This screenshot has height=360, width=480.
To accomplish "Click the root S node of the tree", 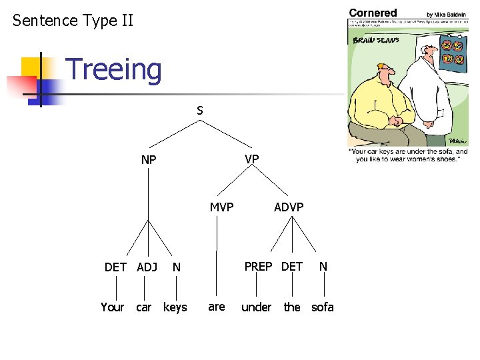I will point(199,111).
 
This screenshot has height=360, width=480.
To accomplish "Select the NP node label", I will point(149,160).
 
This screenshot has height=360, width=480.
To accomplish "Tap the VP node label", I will point(251,159).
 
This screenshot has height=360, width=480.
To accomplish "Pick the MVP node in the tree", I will point(221,207).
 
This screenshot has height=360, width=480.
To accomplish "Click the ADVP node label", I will point(289,207).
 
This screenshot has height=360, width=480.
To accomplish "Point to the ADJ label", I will point(147,267).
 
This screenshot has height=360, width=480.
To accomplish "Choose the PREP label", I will point(258,267).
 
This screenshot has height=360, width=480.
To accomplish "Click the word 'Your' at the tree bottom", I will point(112,307).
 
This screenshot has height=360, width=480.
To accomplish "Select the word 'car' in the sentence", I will point(143,307).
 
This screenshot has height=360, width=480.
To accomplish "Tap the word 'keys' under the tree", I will point(175,307).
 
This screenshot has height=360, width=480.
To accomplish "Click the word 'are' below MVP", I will point(216,307).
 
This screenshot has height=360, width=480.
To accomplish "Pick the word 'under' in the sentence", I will point(256,307).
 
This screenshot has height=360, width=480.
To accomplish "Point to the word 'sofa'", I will point(323,307).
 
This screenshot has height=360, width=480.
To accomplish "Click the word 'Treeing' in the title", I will point(114,70).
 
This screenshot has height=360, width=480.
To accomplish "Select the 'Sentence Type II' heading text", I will point(73,21).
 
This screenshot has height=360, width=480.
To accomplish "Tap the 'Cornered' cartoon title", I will point(373,13).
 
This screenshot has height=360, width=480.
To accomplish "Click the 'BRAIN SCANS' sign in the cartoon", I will point(375,40).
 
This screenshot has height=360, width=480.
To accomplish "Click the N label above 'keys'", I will point(176,267).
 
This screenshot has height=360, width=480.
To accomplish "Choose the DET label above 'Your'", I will point(115,267).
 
